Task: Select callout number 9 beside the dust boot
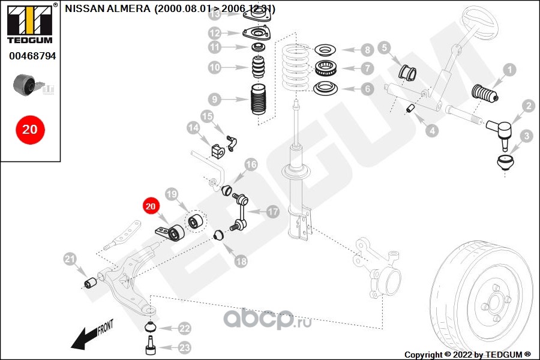215,99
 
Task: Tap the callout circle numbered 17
273,212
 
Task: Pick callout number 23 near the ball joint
184,347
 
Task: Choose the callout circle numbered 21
71,259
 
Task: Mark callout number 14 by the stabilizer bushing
193,128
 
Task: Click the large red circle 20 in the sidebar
30,129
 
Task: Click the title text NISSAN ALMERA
108,10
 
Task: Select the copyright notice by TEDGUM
467,354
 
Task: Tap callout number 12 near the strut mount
215,33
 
